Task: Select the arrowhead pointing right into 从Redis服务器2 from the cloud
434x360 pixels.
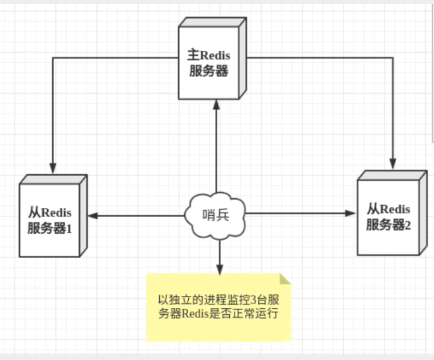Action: coord(352,213)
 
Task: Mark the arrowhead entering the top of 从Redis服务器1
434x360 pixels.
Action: coord(53,168)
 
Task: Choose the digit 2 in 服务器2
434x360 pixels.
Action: coord(407,225)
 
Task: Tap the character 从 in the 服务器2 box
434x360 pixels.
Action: coord(373,208)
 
